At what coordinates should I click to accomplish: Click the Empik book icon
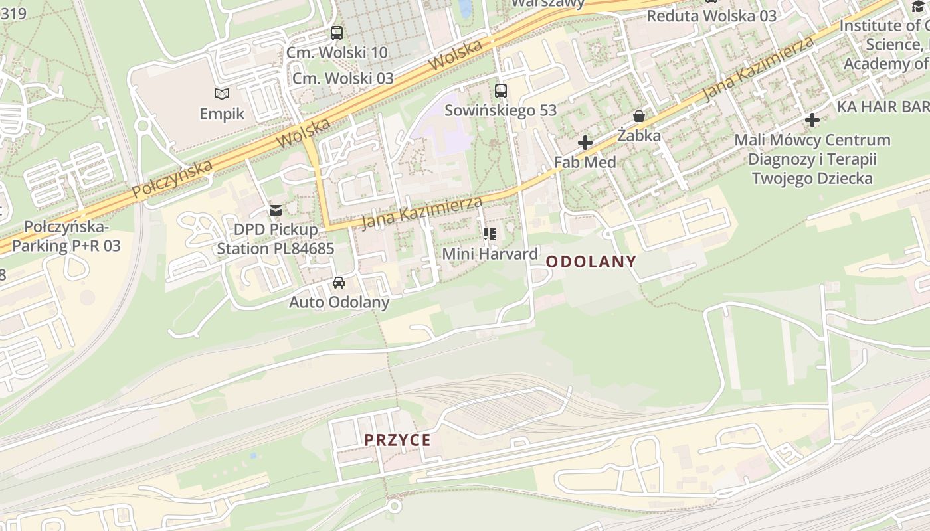pyautogui.click(x=222, y=94)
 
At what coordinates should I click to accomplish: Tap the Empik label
pyautogui.click(x=222, y=114)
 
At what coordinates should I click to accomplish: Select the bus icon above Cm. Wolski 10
pyautogui.click(x=337, y=33)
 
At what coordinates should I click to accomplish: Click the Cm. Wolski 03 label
pyautogui.click(x=343, y=78)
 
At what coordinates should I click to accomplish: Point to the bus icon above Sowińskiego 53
pyautogui.click(x=501, y=91)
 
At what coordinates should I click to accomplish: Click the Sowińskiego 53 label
pyautogui.click(x=500, y=110)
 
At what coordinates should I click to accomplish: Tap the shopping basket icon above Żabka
pyautogui.click(x=639, y=117)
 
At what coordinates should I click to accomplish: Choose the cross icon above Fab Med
pyautogui.click(x=585, y=143)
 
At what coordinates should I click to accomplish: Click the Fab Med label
pyautogui.click(x=585, y=162)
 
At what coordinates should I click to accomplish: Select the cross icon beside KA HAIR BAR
pyautogui.click(x=812, y=120)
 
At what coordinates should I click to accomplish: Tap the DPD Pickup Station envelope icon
pyautogui.click(x=275, y=210)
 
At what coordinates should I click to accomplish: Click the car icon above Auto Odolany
pyautogui.click(x=339, y=283)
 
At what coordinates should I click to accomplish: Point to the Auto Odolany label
pyautogui.click(x=339, y=303)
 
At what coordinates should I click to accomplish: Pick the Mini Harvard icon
pyautogui.click(x=490, y=234)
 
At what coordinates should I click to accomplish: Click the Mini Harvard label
pyautogui.click(x=490, y=254)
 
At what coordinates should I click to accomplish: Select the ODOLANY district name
pyautogui.click(x=591, y=262)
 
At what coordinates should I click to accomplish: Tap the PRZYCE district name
pyautogui.click(x=397, y=440)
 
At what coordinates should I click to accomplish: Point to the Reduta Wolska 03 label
pyautogui.click(x=711, y=16)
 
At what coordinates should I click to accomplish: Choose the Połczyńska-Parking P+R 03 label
pyautogui.click(x=66, y=236)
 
